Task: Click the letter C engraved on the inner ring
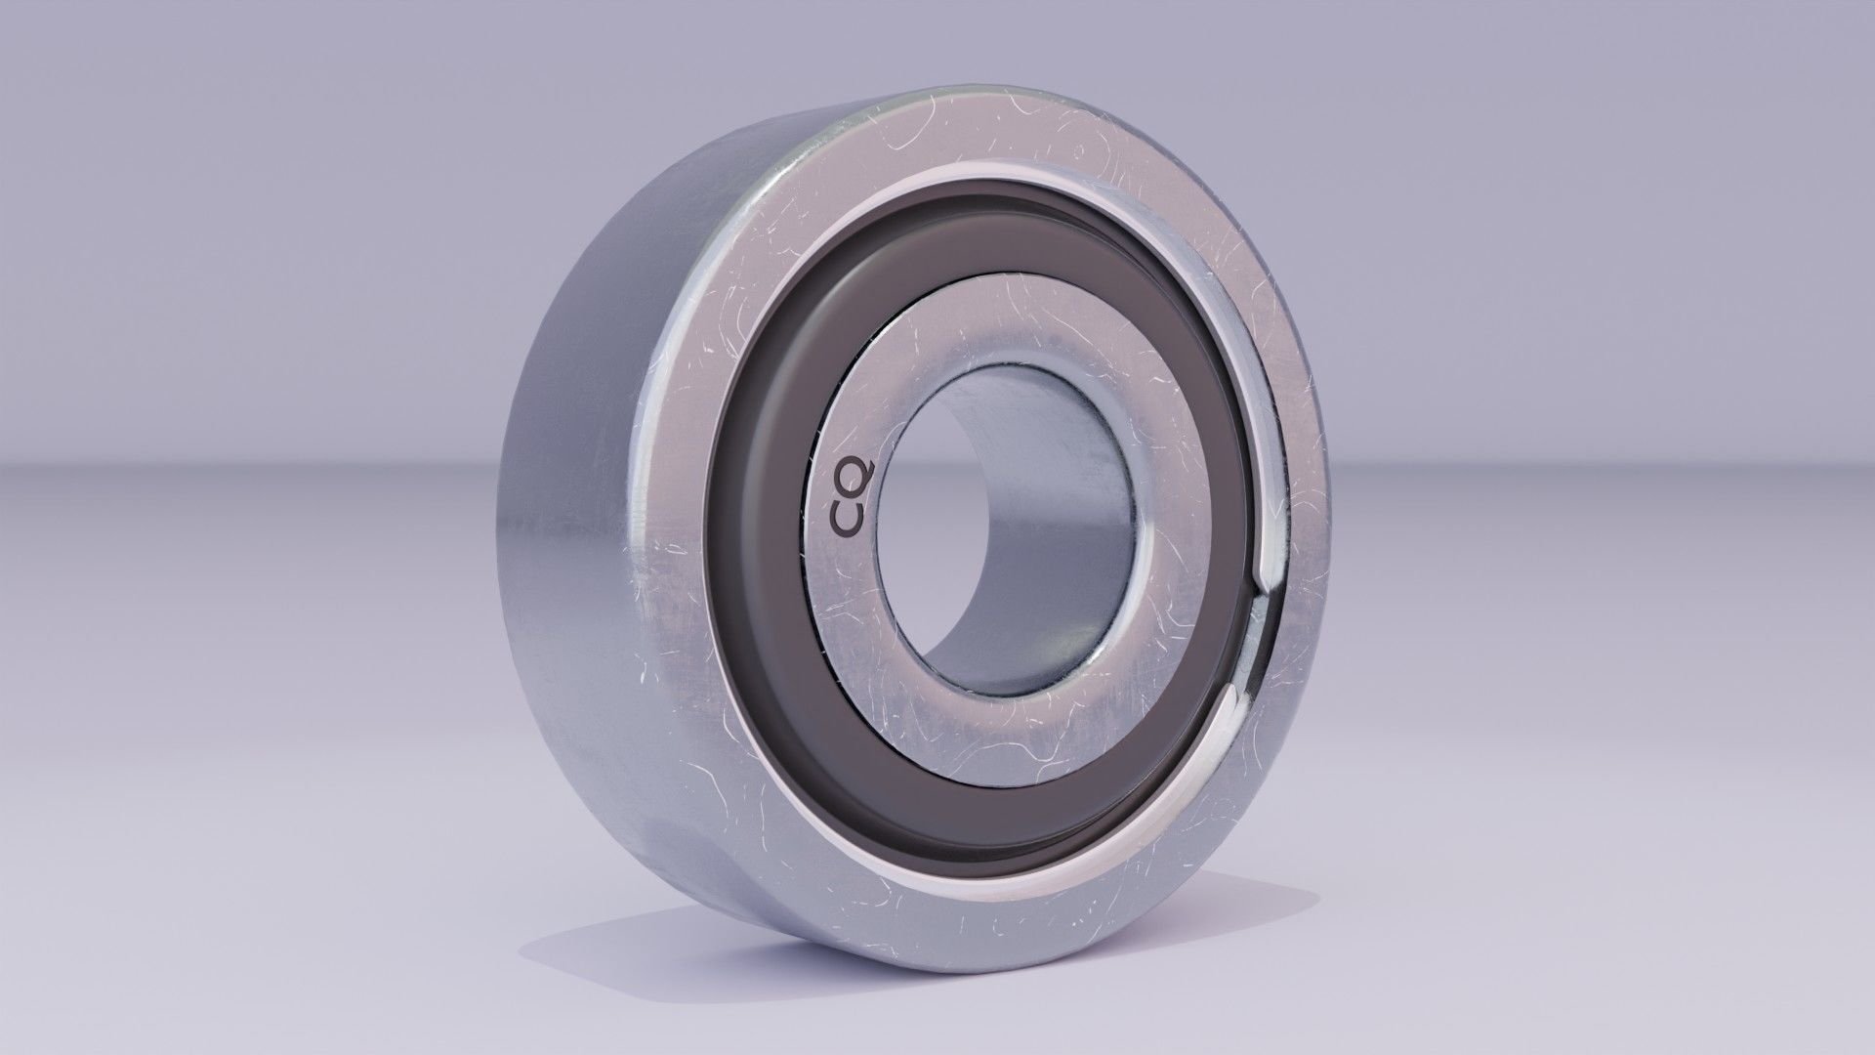847,522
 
